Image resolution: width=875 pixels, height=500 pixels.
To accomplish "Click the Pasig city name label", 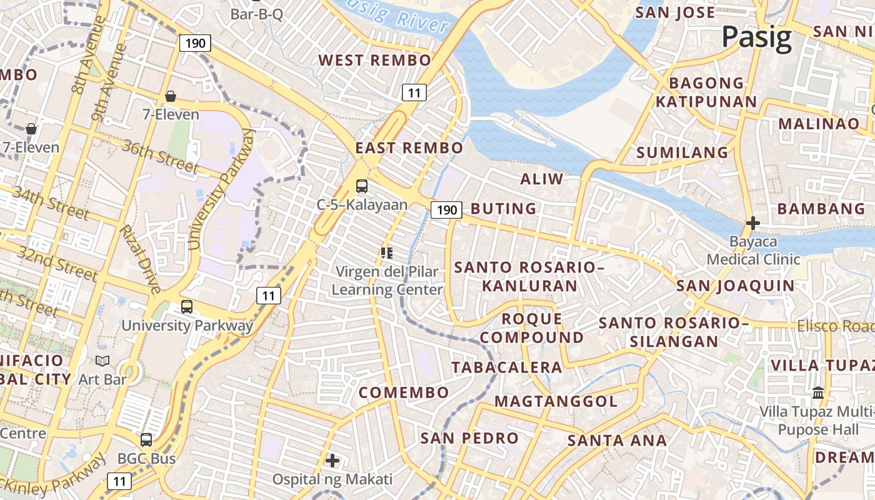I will [x=757, y=37].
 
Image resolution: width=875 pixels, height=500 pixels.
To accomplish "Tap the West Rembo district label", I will [x=375, y=61].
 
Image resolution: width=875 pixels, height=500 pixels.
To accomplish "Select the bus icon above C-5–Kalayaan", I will [x=362, y=186].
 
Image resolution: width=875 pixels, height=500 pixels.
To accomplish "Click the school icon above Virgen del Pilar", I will [x=387, y=253].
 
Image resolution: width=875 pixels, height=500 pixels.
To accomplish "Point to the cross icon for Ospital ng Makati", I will [x=332, y=461].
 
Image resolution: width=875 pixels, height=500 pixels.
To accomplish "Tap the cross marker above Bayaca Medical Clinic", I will [x=753, y=222].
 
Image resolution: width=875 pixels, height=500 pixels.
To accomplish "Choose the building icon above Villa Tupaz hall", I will [x=818, y=393].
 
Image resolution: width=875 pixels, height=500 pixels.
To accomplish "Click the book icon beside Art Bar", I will [x=102, y=361].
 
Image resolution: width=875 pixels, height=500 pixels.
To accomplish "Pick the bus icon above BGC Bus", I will [x=146, y=439].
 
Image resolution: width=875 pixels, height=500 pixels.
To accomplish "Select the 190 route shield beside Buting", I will [x=447, y=210].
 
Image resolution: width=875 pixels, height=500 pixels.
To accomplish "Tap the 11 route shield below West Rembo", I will [x=414, y=93].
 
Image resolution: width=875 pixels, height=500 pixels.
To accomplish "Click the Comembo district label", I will [x=404, y=392].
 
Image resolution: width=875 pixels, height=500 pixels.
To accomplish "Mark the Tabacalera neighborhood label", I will [x=507, y=367].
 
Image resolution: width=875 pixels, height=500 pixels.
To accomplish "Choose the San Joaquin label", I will [x=736, y=286].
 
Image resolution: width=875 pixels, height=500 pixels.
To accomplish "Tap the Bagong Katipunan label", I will [x=706, y=92].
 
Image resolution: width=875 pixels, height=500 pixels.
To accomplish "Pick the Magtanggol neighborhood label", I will [x=556, y=401].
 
